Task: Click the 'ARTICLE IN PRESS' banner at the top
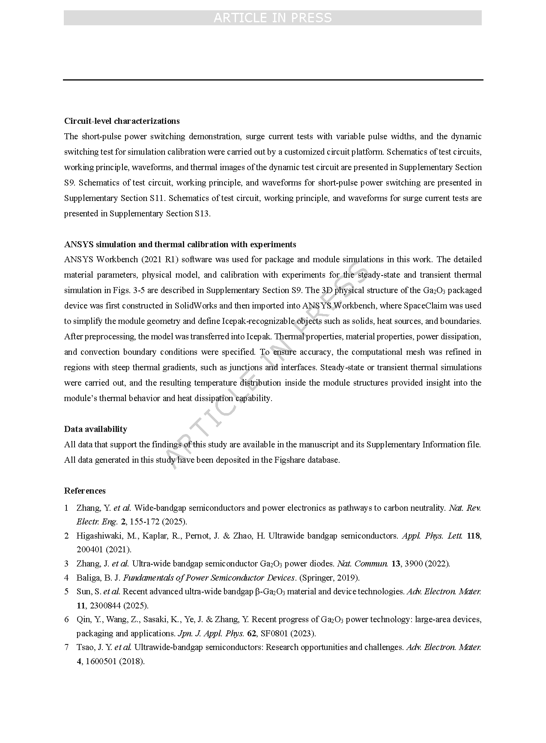pyautogui.click(x=272, y=18)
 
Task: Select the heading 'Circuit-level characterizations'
pyautogui.click(x=122, y=121)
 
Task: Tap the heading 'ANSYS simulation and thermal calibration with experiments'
pyautogui.click(x=180, y=244)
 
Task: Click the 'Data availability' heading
pyautogui.click(x=95, y=429)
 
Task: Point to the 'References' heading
pyautogui.click(x=85, y=491)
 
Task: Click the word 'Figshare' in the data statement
pyautogui.click(x=289, y=460)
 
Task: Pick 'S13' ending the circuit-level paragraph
pyautogui.click(x=202, y=213)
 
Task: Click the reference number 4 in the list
pyautogui.click(x=66, y=578)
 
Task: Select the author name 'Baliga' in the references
pyautogui.click(x=87, y=578)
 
